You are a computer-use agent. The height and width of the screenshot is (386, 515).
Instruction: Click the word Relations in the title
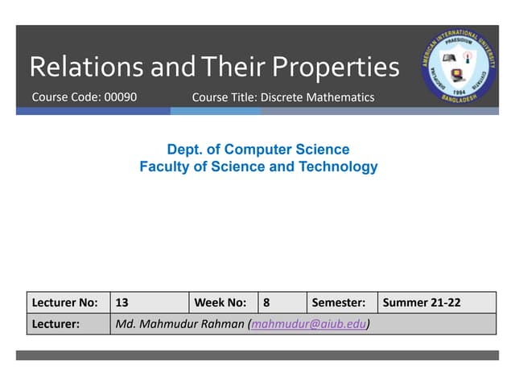pyautogui.click(x=87, y=67)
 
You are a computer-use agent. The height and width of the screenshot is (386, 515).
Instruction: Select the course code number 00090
pyautogui.click(x=122, y=97)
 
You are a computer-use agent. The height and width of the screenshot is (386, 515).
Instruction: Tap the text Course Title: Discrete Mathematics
pyautogui.click(x=283, y=97)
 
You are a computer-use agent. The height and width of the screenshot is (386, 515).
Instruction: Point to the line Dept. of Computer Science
pyautogui.click(x=257, y=150)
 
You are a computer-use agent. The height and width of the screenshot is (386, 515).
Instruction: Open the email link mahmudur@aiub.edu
pyautogui.click(x=309, y=324)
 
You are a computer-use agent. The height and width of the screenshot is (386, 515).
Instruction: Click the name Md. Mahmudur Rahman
pyautogui.click(x=181, y=324)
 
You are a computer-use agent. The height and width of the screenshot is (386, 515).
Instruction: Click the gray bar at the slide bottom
pyautogui.click(x=257, y=355)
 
